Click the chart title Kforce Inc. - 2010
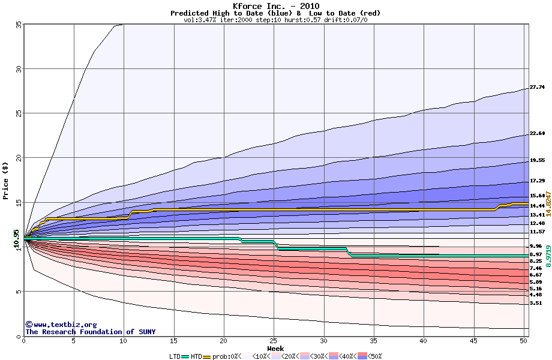click(x=275, y=6)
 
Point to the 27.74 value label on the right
click(x=537, y=88)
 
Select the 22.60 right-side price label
click(x=537, y=133)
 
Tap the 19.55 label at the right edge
click(x=537, y=161)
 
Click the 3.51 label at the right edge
click(x=535, y=304)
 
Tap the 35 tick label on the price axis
click(x=19, y=25)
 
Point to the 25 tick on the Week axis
click(x=274, y=341)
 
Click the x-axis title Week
click(x=275, y=348)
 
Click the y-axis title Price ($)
click(x=5, y=181)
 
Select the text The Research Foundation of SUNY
click(x=90, y=332)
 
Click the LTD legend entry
click(x=175, y=356)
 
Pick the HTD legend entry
click(x=197, y=356)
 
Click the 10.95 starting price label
click(x=17, y=238)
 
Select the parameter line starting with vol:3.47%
click(x=275, y=20)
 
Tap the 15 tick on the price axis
click(x=19, y=203)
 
